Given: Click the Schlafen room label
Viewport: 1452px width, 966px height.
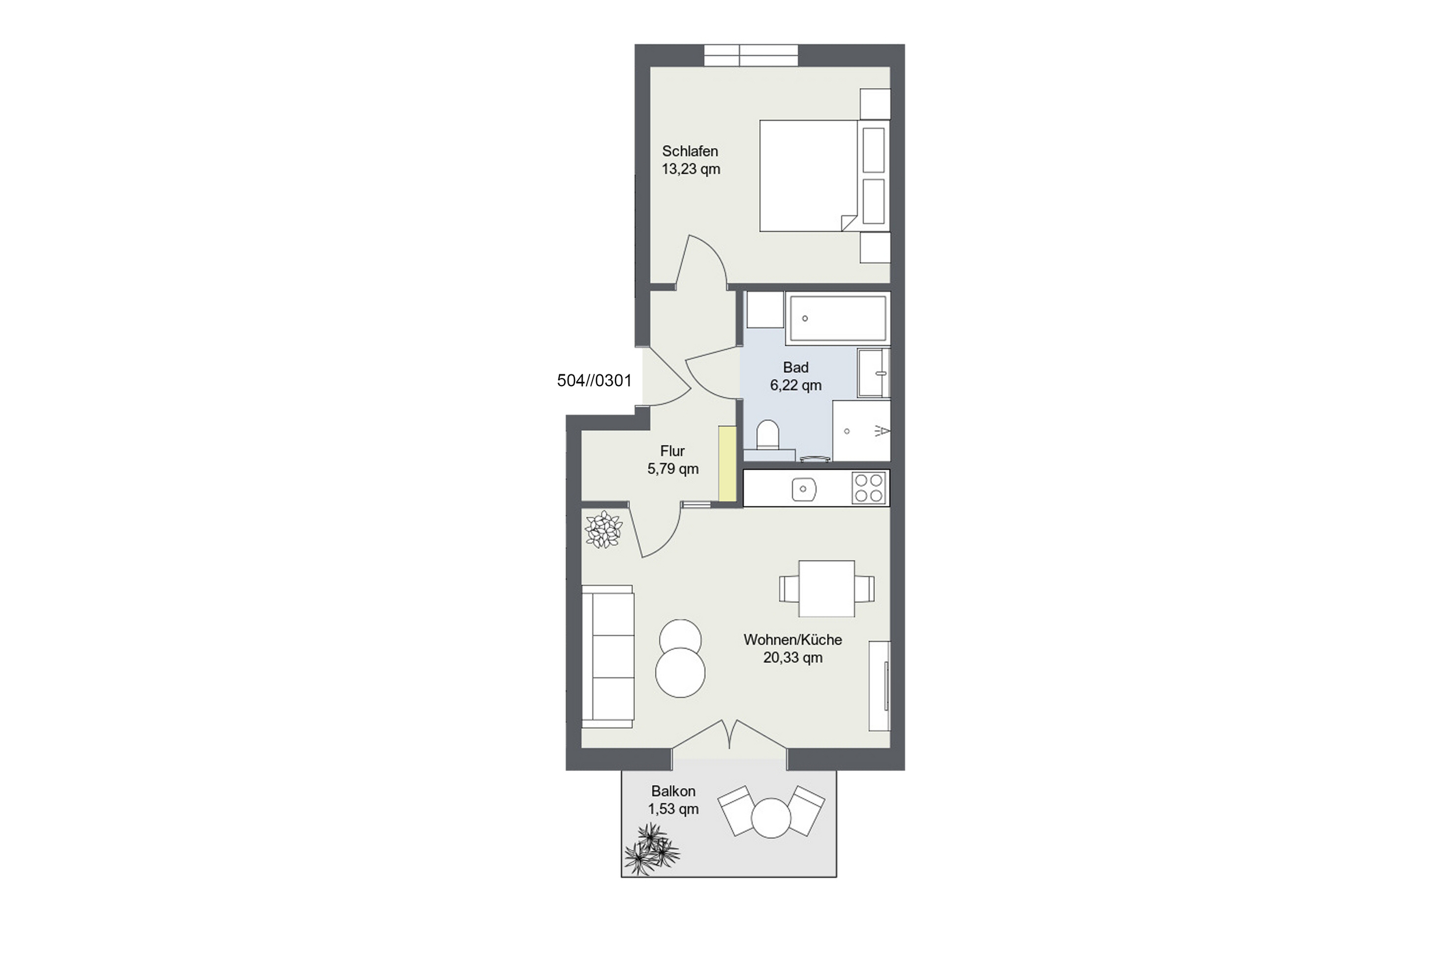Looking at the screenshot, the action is pos(689,151).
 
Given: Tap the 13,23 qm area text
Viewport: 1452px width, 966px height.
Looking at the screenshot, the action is pos(691,169).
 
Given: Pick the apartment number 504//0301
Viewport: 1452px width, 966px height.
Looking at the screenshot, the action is pos(594,381).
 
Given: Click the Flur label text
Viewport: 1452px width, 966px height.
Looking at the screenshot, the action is pos(673,451).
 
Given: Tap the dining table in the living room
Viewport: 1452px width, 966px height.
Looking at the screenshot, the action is pos(826,588).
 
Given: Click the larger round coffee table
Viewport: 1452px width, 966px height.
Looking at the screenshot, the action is pos(680,673).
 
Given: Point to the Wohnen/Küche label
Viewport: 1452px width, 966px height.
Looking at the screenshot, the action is pos(793,640).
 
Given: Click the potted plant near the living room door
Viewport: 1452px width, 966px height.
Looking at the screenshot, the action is pos(603,529).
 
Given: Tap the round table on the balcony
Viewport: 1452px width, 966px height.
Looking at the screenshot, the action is pos(770,817).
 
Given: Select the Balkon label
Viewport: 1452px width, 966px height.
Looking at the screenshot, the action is pos(673,791).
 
